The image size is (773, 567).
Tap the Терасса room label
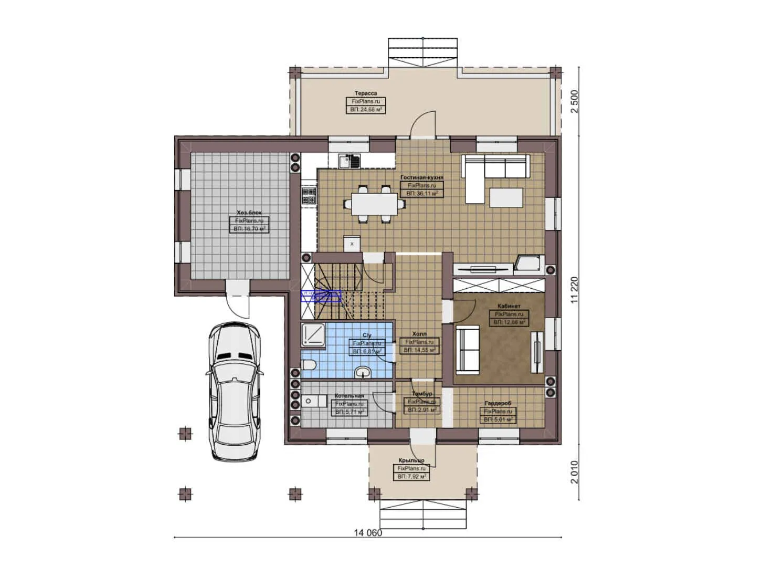365,93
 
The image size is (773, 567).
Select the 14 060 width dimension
368,533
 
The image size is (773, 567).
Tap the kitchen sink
347,160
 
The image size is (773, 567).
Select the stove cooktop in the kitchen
308,196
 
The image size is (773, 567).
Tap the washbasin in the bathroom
363,373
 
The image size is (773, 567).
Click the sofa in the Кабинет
467,350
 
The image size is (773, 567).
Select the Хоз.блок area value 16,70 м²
248,229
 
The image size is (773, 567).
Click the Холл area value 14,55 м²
419,350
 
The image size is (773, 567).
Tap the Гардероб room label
497,403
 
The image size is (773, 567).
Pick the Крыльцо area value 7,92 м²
411,476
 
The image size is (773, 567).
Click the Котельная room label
349,396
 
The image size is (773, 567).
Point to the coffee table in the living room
506,197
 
